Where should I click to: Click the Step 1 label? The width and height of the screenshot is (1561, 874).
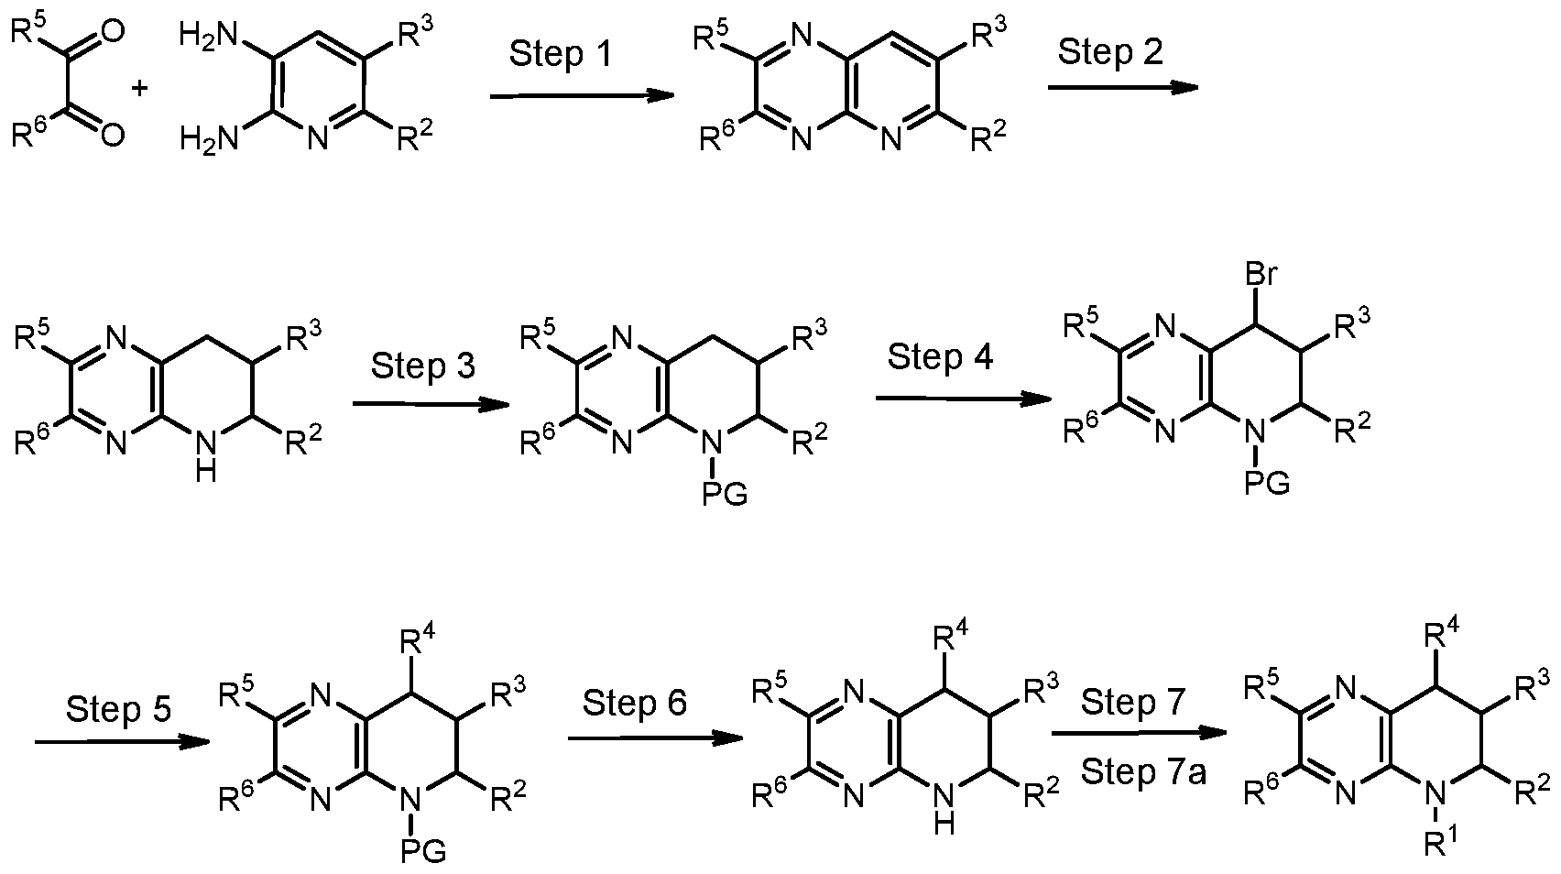coord(561,54)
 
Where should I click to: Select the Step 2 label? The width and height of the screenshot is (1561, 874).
coord(1110,52)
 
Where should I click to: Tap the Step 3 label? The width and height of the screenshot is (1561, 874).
coord(422,366)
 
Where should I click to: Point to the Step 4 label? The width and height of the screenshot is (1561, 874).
coord(939,356)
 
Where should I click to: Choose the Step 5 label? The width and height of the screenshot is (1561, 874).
coord(118,709)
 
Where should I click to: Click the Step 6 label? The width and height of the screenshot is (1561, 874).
coord(635,703)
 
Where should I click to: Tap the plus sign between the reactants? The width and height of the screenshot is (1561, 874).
coord(140,89)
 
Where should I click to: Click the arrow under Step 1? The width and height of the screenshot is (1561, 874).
coord(583,96)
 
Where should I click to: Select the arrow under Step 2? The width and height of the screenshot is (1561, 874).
coord(1123,87)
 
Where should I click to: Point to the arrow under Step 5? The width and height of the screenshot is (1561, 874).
coord(122,742)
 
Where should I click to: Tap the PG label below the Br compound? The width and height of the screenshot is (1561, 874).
coord(1267,482)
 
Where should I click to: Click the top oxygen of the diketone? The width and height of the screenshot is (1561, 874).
coord(112,31)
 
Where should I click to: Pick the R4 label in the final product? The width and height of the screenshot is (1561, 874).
coord(1441,636)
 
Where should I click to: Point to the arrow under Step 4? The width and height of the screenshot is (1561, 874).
coord(963,399)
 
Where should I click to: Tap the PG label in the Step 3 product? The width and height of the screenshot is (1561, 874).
coord(725,494)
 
